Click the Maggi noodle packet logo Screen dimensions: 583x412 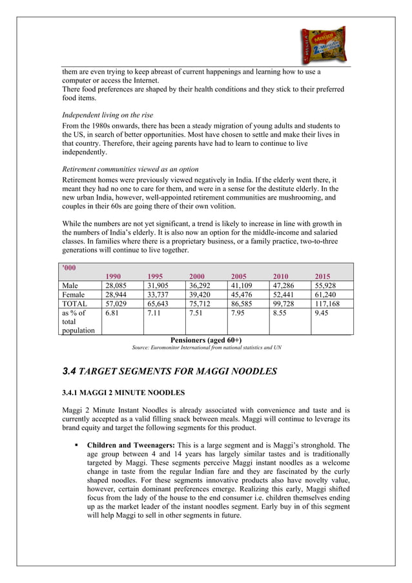coord(323,43)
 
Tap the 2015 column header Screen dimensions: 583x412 coord(324,276)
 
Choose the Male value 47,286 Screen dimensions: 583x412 coord(285,287)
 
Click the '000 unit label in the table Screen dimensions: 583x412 coord(67,267)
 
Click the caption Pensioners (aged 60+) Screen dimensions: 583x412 coord(206,340)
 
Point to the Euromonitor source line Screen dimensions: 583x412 coord(206,349)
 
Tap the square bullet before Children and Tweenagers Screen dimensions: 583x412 coord(76,445)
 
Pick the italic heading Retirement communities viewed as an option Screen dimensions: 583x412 coord(130,169)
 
